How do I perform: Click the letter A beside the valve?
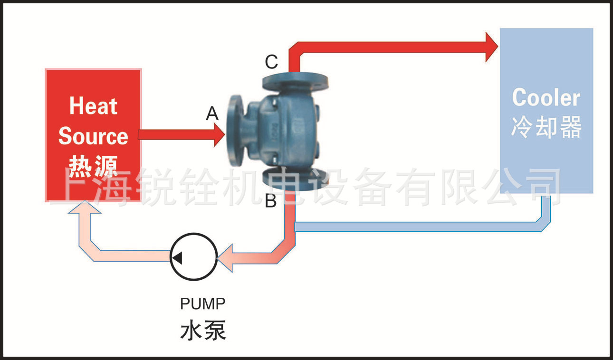[212, 114]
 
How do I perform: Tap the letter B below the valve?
[270, 201]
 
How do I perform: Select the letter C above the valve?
[271, 62]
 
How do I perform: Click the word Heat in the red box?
[93, 106]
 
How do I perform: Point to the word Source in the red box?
[93, 136]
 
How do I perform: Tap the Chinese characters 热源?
[93, 166]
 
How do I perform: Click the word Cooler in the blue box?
[546, 98]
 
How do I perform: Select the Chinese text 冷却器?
[546, 127]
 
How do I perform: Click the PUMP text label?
[203, 303]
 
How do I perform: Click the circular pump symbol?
[194, 256]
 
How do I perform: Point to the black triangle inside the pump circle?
[177, 258]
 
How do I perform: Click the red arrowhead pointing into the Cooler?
[492, 47]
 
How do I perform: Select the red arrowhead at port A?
[220, 135]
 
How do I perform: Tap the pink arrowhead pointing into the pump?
[226, 258]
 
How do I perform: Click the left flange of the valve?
[236, 130]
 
